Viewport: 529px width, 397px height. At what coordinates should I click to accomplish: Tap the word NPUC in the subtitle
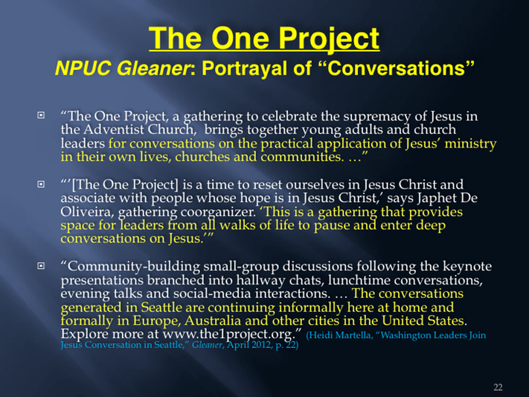point(83,69)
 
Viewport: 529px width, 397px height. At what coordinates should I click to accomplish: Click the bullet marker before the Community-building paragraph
point(41,266)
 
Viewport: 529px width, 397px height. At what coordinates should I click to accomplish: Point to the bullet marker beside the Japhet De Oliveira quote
point(41,184)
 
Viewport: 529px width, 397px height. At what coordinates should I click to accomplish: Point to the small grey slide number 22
point(498,387)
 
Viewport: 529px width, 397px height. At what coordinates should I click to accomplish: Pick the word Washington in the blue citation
point(405,335)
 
